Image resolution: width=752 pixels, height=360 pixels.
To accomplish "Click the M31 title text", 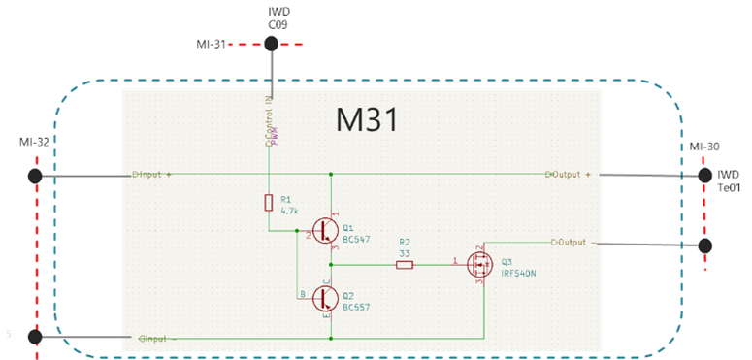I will pyautogui.click(x=367, y=120).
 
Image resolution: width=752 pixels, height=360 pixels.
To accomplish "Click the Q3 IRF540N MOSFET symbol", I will pyautogui.click(x=479, y=263).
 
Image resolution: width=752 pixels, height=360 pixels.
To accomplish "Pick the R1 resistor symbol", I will pyautogui.click(x=269, y=202).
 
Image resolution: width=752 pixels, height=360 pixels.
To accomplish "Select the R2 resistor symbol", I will pyautogui.click(x=405, y=263).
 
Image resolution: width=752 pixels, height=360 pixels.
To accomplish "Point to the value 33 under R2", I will pyautogui.click(x=405, y=252).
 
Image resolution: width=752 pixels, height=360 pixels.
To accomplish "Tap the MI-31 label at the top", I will pyautogui.click(x=211, y=44).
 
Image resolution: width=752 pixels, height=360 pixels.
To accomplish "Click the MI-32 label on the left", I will pyautogui.click(x=34, y=143).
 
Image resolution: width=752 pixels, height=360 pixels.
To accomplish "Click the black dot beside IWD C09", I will pyautogui.click(x=271, y=44).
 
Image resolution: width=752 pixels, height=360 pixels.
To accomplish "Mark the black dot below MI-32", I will pyautogui.click(x=35, y=176).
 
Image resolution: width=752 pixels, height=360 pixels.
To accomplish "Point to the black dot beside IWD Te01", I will pyautogui.click(x=705, y=175).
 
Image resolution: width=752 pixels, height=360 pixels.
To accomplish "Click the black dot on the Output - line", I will pyautogui.click(x=705, y=245).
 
